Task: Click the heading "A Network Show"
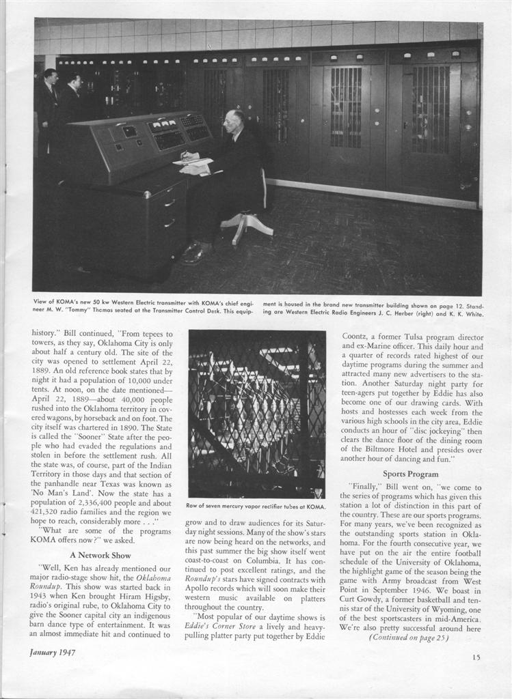point(100,555)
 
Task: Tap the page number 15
point(476,657)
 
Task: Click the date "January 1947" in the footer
point(53,652)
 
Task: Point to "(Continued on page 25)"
point(409,637)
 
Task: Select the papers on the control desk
point(193,164)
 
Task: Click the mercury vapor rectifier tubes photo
point(256,414)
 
